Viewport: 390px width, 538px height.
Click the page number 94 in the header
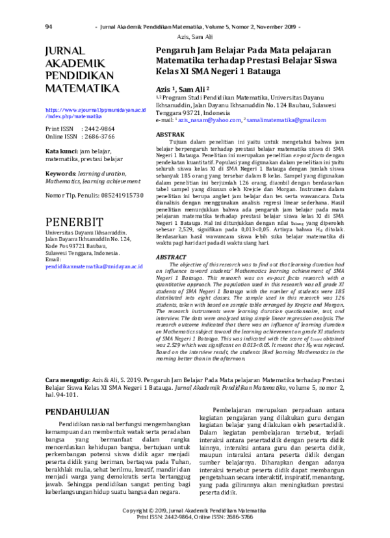[x=49, y=27]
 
